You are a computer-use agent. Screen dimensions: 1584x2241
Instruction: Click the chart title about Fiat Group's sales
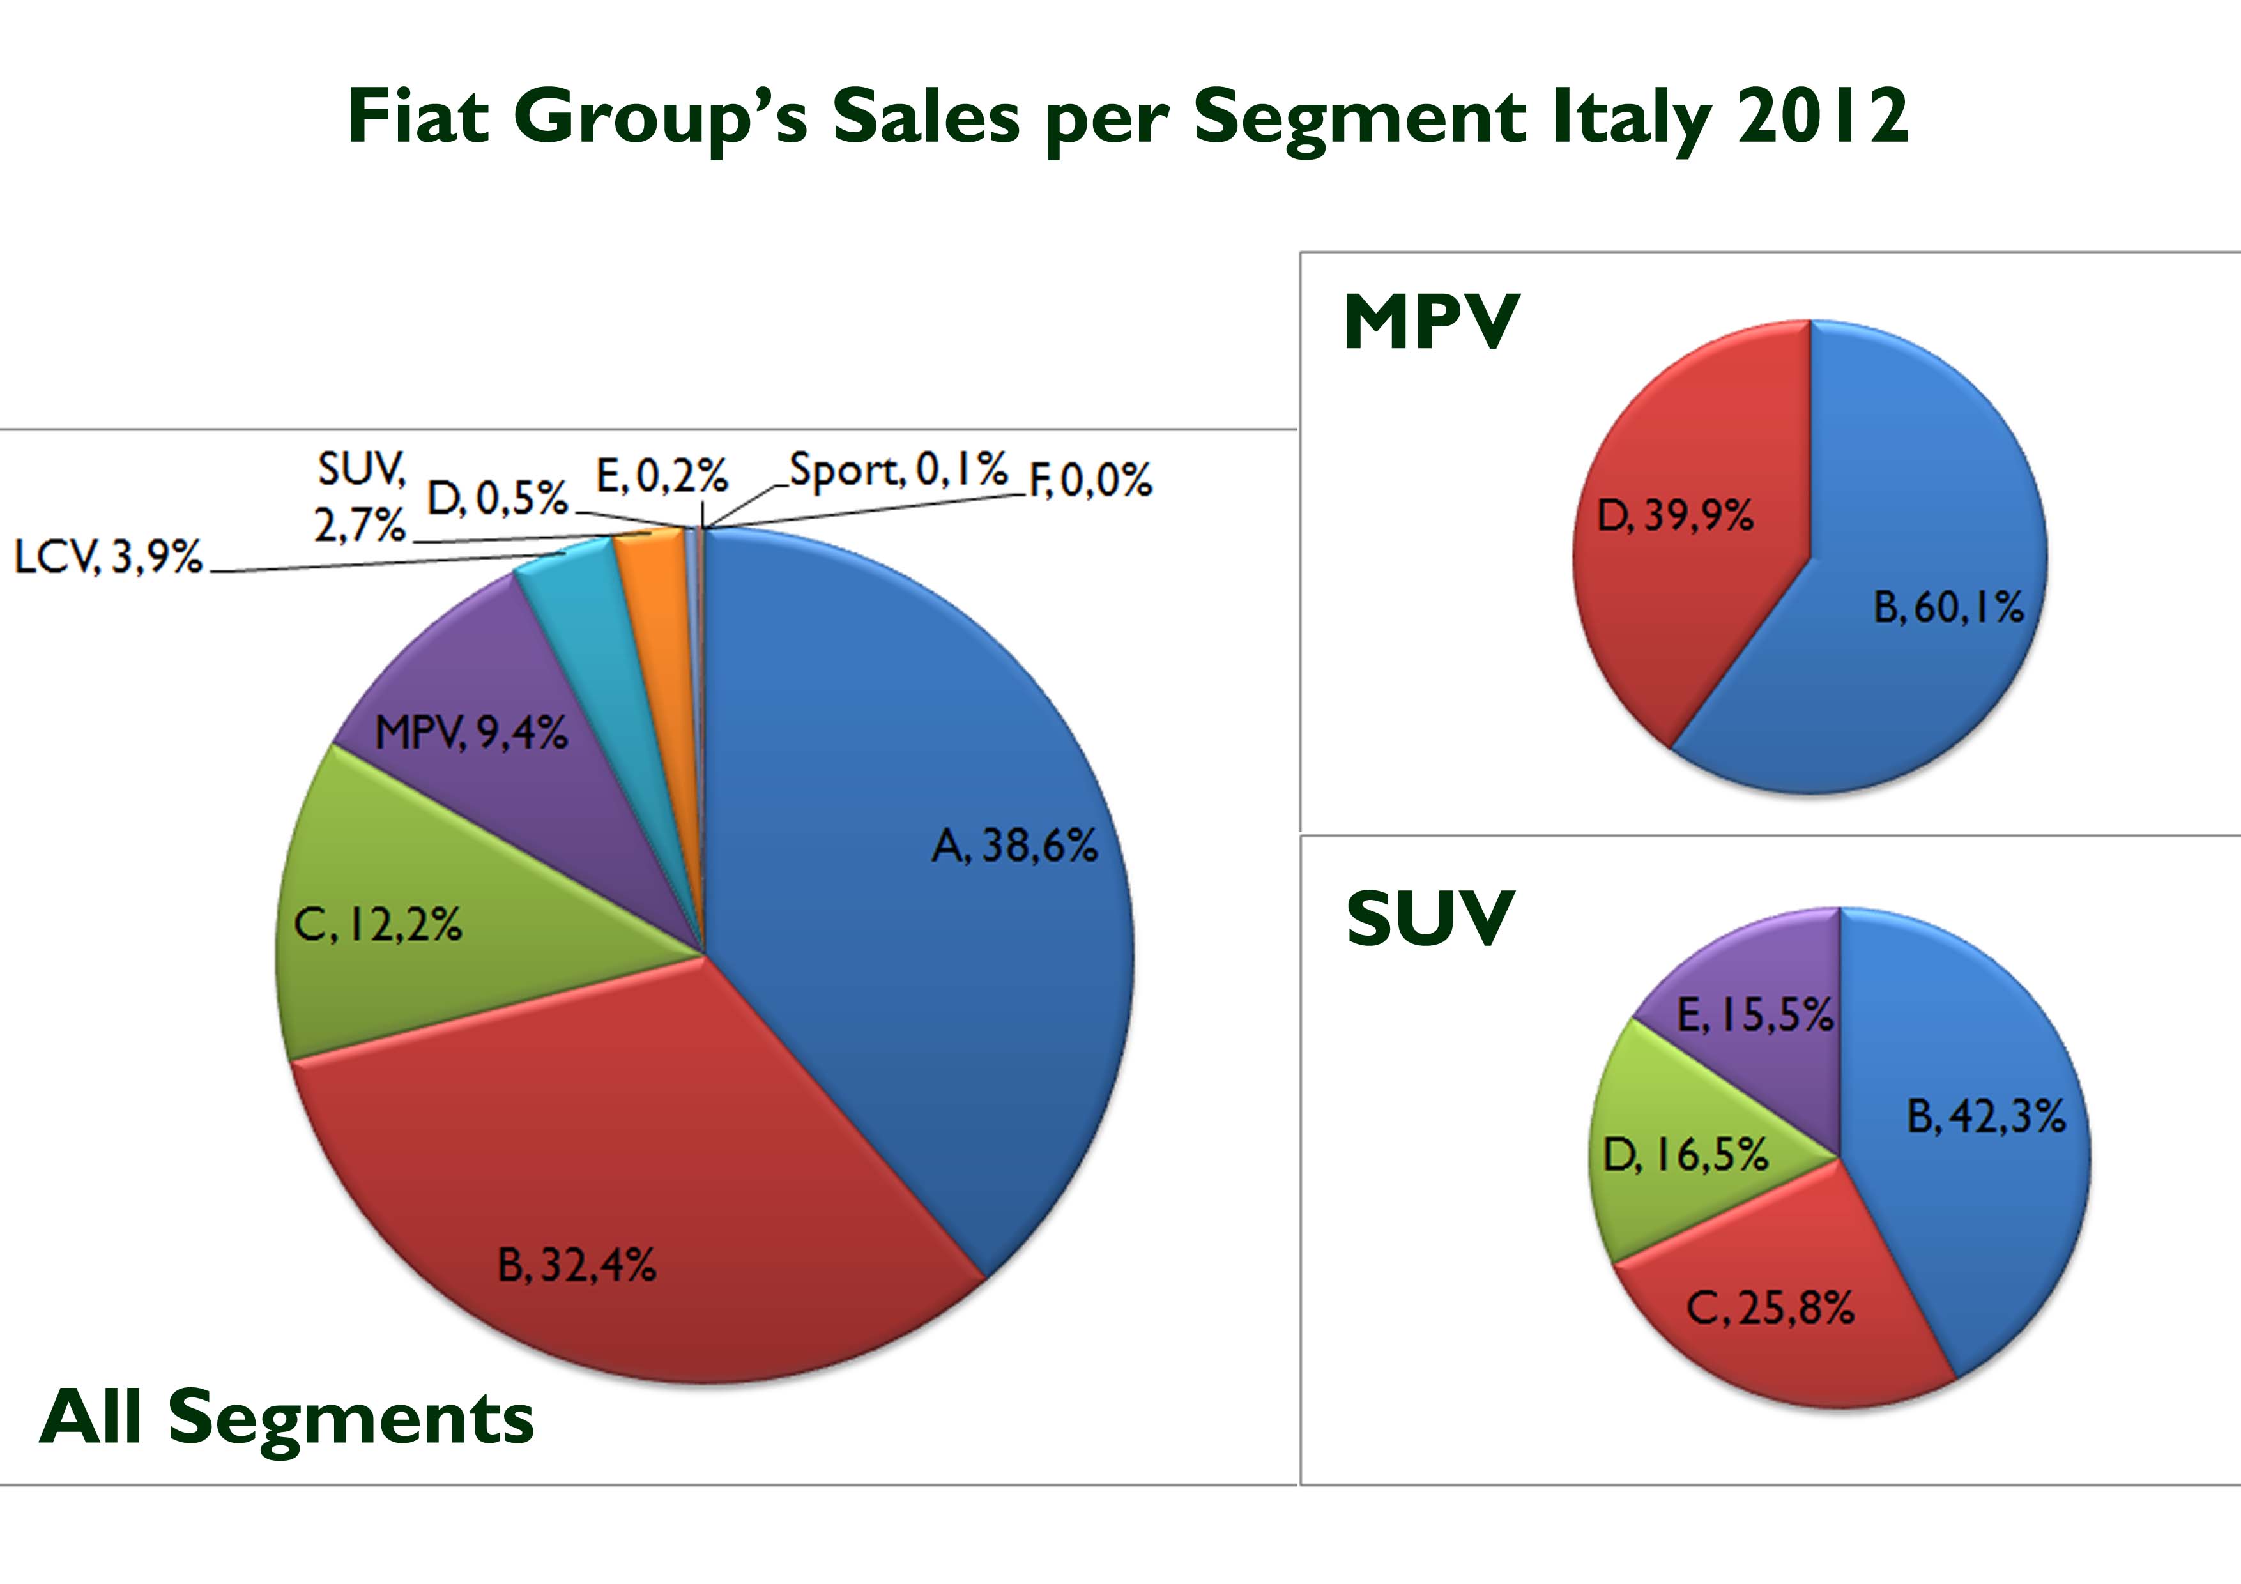click(1128, 117)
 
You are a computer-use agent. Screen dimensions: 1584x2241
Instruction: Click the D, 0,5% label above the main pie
click(498, 499)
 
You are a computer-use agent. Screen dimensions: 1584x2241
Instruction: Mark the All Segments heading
click(287, 1417)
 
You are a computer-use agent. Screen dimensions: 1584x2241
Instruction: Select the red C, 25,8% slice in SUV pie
click(1777, 1308)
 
